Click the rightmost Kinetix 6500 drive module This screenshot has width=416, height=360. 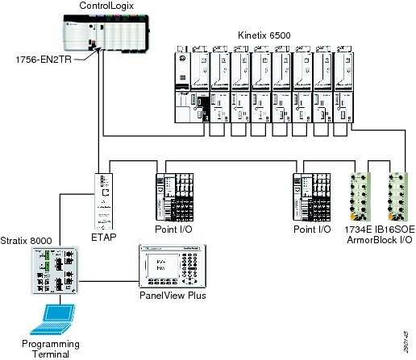click(342, 85)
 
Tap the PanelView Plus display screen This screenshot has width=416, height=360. click(159, 267)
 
